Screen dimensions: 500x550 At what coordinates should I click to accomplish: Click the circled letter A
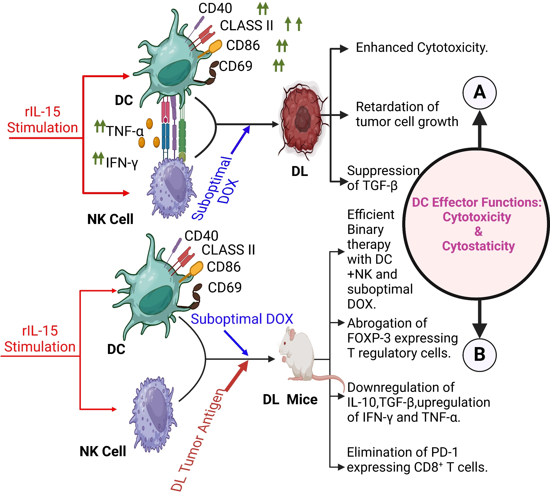point(479,93)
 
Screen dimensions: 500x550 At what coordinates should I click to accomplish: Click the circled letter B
point(479,355)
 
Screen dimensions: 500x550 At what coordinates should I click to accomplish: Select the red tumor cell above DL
point(302,120)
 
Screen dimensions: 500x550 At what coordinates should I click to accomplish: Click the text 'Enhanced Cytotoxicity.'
point(422,48)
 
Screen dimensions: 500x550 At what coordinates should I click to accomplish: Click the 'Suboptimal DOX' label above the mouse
point(242,319)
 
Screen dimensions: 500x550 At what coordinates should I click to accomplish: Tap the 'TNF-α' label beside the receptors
point(125,131)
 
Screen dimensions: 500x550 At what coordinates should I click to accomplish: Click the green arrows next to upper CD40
point(263,9)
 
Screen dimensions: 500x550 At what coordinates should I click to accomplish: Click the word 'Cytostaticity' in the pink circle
point(478,246)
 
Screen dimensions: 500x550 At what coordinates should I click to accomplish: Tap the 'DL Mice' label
point(290,400)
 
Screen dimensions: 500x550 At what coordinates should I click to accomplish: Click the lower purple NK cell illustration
point(153,414)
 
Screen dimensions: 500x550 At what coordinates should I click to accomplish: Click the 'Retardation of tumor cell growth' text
point(406,114)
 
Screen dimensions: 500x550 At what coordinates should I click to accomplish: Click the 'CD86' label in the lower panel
point(224,267)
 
